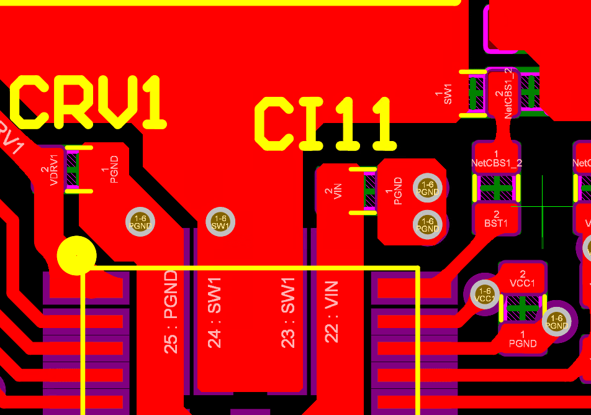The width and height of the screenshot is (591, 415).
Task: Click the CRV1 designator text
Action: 89,102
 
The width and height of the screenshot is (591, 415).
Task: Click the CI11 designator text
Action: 325,124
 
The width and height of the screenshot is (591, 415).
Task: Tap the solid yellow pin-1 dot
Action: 76,255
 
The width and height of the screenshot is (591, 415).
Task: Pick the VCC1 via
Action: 485,294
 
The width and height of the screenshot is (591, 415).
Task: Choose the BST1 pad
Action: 496,219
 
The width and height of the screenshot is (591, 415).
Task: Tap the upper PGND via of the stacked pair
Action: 427,188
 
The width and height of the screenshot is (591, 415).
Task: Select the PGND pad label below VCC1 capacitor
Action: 523,339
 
